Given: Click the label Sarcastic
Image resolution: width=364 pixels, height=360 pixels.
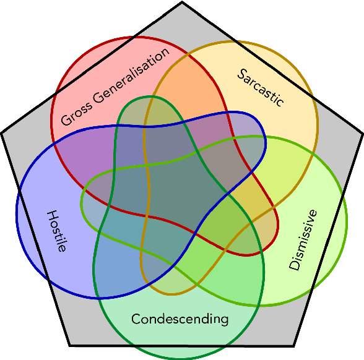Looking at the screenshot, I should pyautogui.click(x=261, y=87).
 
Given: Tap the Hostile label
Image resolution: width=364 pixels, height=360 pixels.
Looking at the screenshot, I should pyautogui.click(x=56, y=231).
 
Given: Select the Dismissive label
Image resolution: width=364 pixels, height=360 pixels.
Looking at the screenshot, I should pyautogui.click(x=303, y=240).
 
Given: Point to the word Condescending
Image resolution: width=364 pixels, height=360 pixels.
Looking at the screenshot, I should pyautogui.click(x=180, y=319).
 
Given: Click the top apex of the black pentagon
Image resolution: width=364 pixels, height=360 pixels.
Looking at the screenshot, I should pyautogui.click(x=182, y=2).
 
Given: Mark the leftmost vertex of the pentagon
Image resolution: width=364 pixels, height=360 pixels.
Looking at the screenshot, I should pyautogui.click(x=2, y=132).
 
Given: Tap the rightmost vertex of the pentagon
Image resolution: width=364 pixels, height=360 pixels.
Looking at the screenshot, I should pyautogui.click(x=362, y=132).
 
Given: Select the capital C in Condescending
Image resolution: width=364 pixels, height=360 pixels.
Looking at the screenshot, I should pyautogui.click(x=136, y=319).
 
